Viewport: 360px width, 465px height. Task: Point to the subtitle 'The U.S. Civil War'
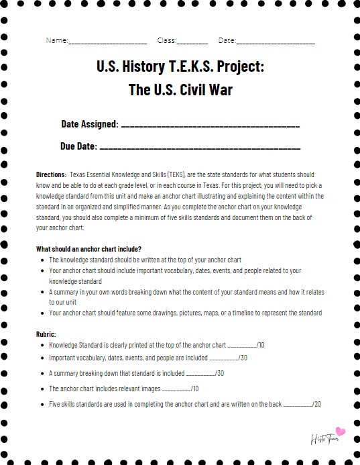tap(180, 89)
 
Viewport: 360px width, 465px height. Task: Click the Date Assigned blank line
tap(210, 125)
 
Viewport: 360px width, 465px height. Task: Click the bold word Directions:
tap(51, 174)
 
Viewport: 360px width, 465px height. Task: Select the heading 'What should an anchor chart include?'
tap(88, 249)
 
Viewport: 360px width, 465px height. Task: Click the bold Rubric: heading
tap(46, 333)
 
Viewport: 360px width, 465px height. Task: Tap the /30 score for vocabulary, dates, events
tap(241, 358)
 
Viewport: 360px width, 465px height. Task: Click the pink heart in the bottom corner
tap(340, 431)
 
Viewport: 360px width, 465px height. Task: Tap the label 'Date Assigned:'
tap(90, 124)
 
